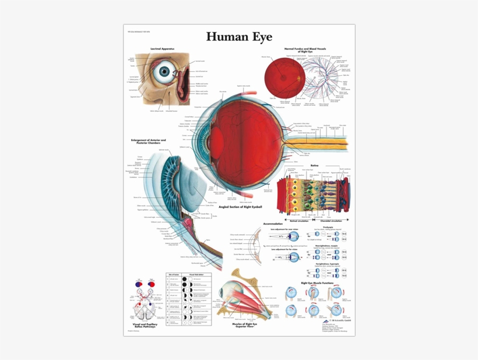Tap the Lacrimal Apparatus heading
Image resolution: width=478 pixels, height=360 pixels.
click(x=162, y=48)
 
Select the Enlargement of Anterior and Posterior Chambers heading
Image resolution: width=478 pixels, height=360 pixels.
click(x=149, y=141)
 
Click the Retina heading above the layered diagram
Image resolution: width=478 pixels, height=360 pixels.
click(x=314, y=165)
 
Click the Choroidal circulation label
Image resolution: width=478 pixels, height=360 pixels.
click(x=330, y=221)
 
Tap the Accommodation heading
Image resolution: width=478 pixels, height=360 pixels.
click(x=273, y=224)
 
